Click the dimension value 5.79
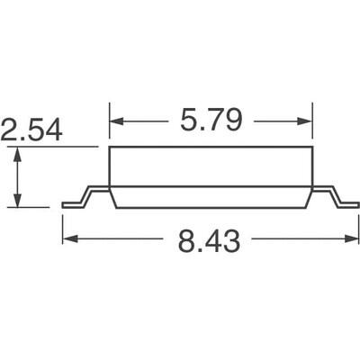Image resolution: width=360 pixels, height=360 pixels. point(211,121)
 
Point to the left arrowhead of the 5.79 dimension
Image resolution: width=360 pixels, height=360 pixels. point(115,121)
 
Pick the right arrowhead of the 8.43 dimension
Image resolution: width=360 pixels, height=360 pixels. point(354,239)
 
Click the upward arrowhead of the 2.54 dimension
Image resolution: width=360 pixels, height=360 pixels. point(17,153)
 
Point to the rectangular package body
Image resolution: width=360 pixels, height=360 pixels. point(211,166)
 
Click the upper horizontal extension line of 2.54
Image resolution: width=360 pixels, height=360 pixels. point(54,147)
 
